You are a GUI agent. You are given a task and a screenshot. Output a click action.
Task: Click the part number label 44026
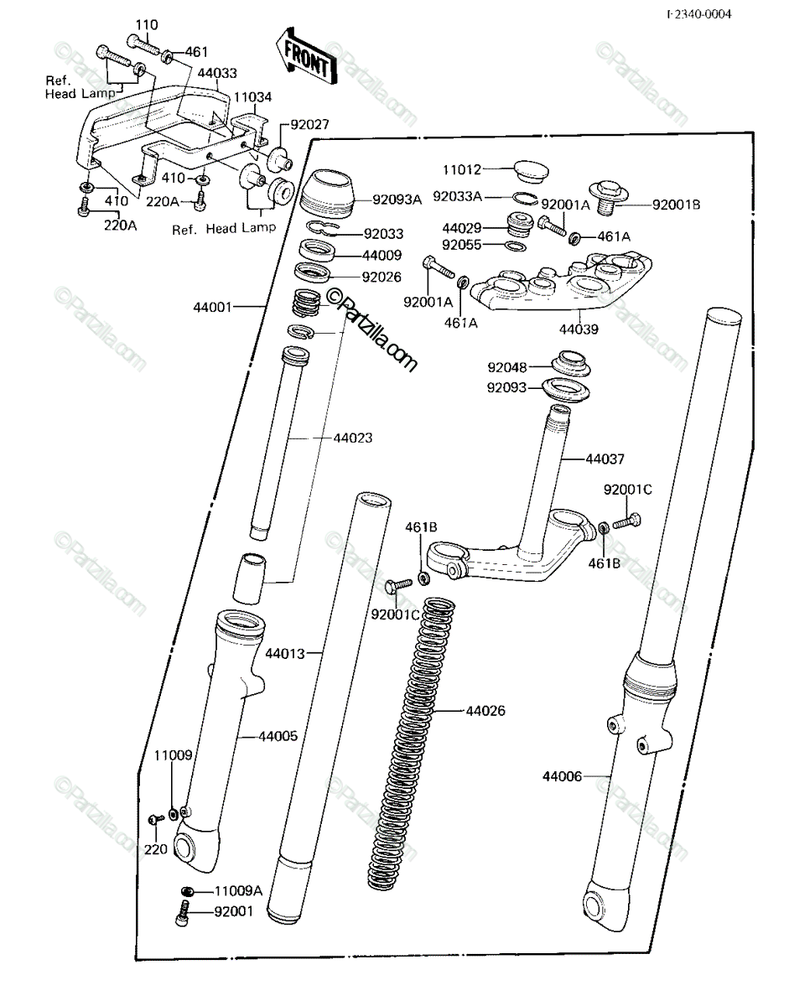[x=485, y=710]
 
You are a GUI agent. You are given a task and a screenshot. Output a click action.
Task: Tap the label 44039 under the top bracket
[x=579, y=329]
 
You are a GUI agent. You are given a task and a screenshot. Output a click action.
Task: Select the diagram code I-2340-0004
[x=699, y=14]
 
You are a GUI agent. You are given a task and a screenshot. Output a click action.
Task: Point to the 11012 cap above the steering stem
[x=531, y=171]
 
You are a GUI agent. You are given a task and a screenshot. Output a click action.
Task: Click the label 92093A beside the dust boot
[x=397, y=200]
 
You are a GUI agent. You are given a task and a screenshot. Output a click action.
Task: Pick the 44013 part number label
[x=285, y=654]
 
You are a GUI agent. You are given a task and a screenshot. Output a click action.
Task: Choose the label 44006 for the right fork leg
[x=562, y=776]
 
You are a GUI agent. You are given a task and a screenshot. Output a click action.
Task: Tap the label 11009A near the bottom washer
[x=238, y=891]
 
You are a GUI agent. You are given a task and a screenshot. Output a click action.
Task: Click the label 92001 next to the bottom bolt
[x=234, y=911]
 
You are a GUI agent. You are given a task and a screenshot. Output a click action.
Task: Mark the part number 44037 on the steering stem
[x=605, y=459]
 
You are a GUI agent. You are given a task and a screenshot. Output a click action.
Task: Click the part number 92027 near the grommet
[x=310, y=125]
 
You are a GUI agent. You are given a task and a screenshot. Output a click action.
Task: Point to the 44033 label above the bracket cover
[x=217, y=73]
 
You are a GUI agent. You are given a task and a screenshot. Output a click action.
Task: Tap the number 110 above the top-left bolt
[x=147, y=24]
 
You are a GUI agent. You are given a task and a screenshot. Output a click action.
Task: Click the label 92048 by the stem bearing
[x=507, y=367]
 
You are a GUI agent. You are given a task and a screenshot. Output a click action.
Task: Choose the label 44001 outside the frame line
[x=212, y=307]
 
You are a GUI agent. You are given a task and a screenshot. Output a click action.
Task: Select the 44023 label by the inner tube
[x=353, y=438]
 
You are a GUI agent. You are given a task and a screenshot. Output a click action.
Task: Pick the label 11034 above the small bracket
[x=252, y=97]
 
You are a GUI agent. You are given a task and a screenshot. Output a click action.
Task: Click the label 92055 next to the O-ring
[x=462, y=245]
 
